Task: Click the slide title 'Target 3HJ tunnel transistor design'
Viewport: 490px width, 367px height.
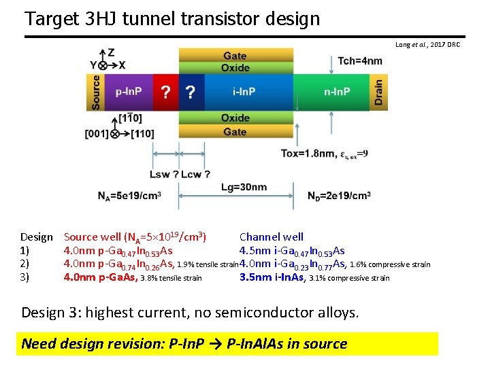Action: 171,18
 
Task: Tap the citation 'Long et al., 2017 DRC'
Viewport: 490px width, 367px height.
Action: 427,45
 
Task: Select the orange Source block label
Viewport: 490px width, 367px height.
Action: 96,92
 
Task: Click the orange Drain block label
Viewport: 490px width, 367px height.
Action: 378,92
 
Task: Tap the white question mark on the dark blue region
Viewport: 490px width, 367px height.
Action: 191,92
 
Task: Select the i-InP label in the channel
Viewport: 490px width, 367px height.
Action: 244,92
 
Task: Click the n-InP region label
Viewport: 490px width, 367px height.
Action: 337,92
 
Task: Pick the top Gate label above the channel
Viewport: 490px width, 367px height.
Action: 235,56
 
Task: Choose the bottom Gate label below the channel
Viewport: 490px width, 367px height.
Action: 235,131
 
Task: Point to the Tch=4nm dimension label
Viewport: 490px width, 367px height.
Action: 360,61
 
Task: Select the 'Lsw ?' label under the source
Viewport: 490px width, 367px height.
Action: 164,175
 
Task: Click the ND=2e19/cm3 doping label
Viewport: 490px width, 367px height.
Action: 339,196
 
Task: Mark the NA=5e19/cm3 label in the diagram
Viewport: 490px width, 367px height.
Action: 129,196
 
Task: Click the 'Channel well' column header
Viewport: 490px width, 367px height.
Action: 271,237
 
